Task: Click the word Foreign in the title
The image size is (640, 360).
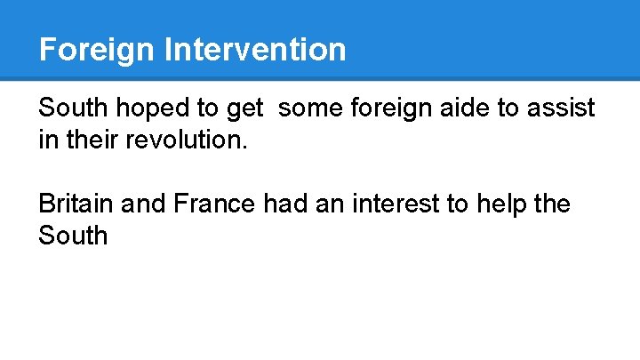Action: pyautogui.click(x=97, y=49)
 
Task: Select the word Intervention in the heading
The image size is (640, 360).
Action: pyautogui.click(x=255, y=49)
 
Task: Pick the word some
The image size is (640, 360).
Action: pyautogui.click(x=312, y=109)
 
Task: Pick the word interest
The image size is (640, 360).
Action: pyautogui.click(x=399, y=204)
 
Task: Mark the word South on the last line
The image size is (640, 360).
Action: pyautogui.click(x=73, y=236)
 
